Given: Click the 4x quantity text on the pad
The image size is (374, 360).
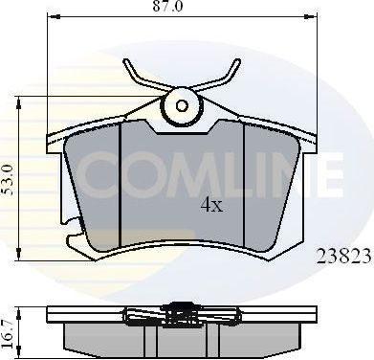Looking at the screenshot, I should click(211, 205).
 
